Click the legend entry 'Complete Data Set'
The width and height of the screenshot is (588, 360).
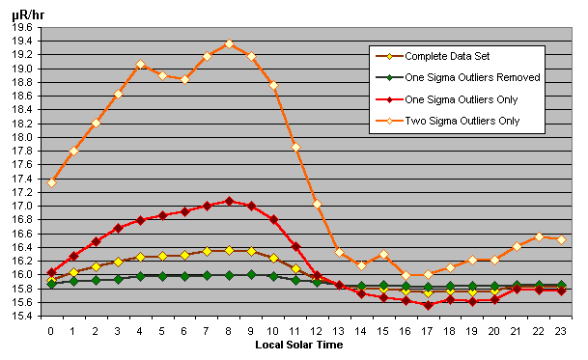(446, 55)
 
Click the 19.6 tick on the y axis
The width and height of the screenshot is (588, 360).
(20, 28)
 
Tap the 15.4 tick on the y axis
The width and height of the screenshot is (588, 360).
(20, 316)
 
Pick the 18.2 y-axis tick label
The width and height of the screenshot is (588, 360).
(20, 124)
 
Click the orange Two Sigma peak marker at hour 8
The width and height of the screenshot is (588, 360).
(229, 44)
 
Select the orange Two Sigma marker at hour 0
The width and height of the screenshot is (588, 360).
(51, 181)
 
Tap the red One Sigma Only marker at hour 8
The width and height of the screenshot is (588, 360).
(229, 201)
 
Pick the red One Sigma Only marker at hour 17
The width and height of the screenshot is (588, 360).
(428, 305)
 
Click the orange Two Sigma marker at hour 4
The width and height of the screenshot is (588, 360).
(140, 64)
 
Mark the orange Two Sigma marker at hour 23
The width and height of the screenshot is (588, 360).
(561, 238)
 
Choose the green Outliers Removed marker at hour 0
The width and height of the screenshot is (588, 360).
(51, 284)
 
